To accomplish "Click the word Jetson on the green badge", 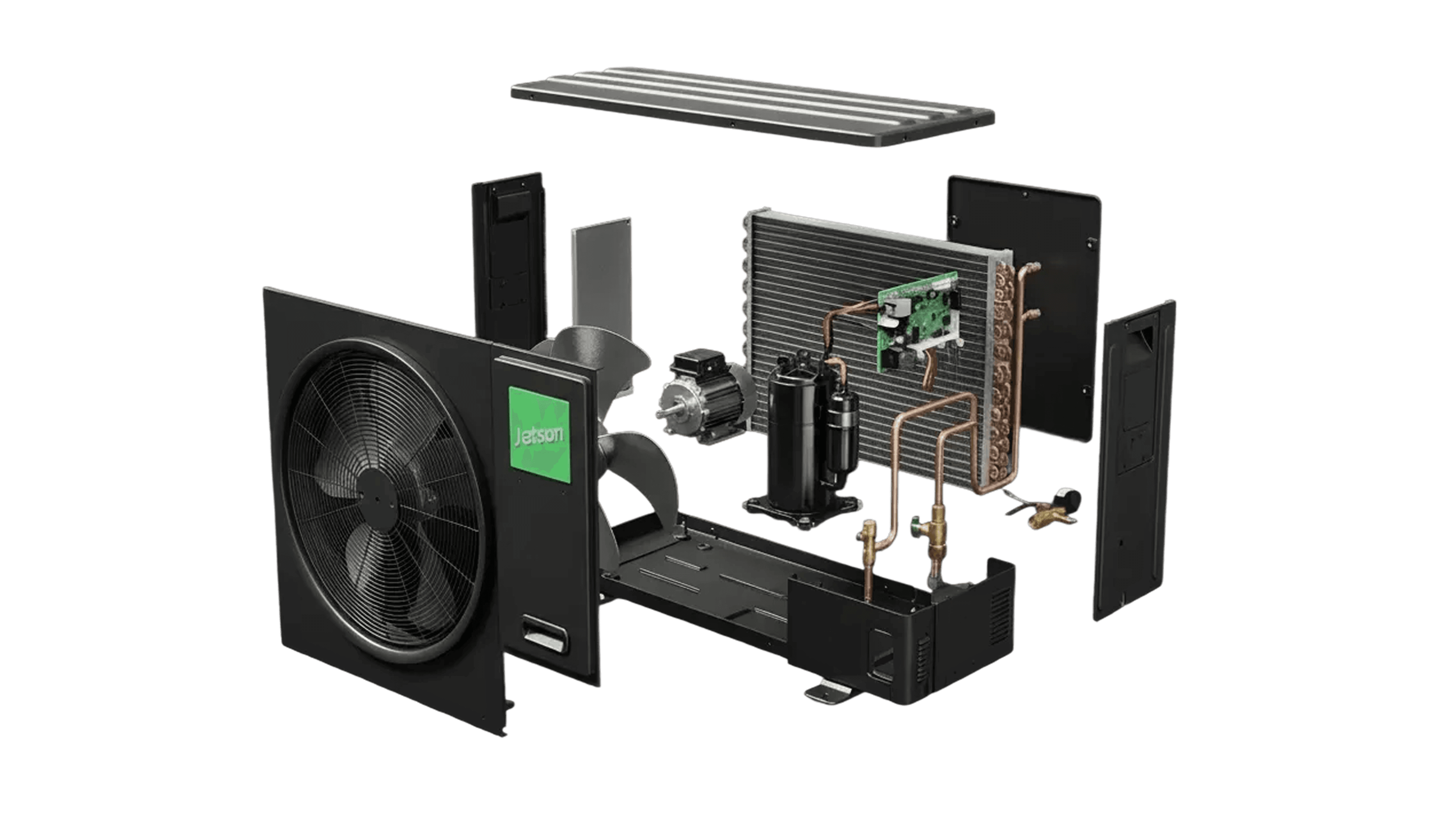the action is point(539,435).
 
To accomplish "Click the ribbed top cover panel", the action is point(752,106).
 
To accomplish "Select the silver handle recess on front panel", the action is point(544,633).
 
